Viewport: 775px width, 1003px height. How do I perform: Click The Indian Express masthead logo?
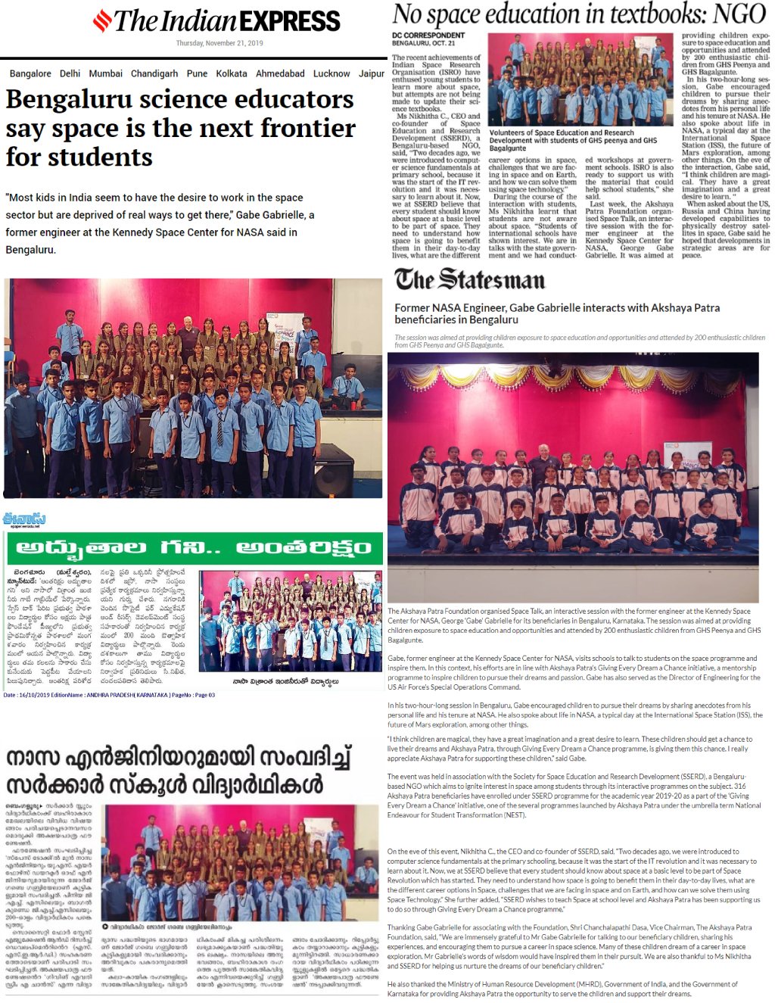point(216,20)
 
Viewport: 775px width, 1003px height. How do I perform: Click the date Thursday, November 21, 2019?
point(219,43)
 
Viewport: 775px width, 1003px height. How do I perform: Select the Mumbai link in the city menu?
point(105,73)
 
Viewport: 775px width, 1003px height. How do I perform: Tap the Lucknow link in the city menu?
point(331,73)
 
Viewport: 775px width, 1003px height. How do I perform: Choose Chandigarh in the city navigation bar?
point(154,73)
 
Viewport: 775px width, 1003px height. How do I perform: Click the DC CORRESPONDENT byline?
point(428,35)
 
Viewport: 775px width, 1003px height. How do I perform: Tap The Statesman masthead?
point(469,279)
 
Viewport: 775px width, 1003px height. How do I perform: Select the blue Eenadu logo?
point(24,519)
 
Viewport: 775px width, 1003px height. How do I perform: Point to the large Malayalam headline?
point(179,771)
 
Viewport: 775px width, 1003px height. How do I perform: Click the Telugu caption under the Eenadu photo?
point(285,681)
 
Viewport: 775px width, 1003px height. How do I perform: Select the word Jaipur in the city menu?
point(372,73)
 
